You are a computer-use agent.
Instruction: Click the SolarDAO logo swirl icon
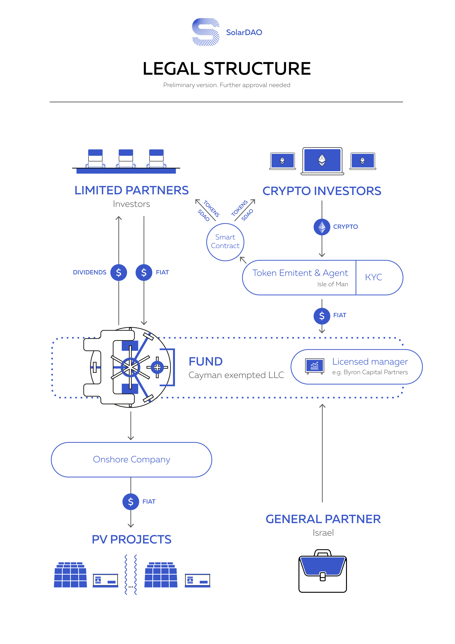[205, 32]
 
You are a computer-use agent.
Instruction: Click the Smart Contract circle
[225, 242]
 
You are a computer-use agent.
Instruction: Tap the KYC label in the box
[373, 277]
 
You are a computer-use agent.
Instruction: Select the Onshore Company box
[131, 459]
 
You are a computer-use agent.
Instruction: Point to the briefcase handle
[323, 553]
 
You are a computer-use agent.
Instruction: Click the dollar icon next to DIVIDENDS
[119, 272]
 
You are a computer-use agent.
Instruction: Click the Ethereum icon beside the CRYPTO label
[322, 227]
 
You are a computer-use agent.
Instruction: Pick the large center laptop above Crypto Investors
[322, 160]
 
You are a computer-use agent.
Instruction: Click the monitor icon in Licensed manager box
[315, 366]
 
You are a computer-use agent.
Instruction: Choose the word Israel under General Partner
[323, 533]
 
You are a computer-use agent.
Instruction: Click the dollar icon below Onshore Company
[131, 502]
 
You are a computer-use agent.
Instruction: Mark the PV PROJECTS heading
[131, 539]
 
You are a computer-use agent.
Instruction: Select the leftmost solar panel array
[70, 575]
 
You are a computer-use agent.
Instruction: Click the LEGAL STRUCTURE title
[227, 69]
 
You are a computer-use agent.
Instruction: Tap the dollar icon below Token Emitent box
[322, 316]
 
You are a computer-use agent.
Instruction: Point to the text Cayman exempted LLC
[236, 375]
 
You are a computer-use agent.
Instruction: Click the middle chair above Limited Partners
[126, 158]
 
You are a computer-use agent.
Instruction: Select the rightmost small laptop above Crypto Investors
[363, 161]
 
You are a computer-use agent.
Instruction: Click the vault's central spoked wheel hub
[130, 367]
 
